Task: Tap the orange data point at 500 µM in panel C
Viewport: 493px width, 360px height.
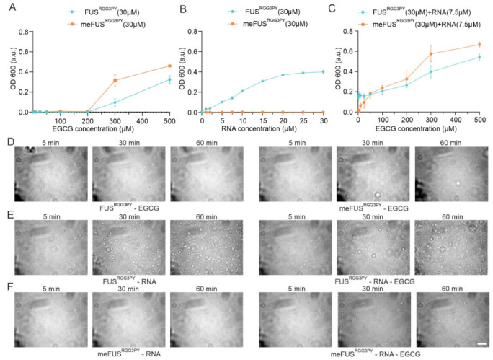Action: point(479,45)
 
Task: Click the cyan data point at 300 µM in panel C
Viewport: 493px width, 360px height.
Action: point(431,71)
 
